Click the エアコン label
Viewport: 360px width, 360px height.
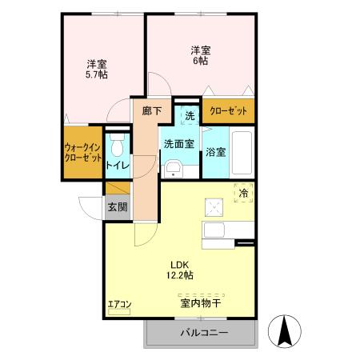pos(118,305)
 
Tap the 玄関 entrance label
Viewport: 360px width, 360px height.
pos(117,206)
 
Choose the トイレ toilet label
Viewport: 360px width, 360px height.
pos(117,166)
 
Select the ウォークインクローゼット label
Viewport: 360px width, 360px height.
pos(82,151)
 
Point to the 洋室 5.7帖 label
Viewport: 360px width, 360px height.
pos(98,69)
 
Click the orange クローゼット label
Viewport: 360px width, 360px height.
pos(229,110)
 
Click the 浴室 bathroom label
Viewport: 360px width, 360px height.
pos(215,151)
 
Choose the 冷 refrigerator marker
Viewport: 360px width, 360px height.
pos(244,193)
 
